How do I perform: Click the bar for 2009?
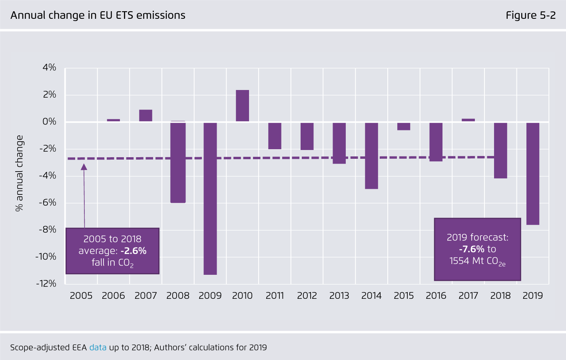pos(210,198)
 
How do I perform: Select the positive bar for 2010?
pos(242,106)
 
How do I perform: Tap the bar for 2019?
pos(532,174)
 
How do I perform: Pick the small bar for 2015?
pos(404,126)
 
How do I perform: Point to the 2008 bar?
pos(178,162)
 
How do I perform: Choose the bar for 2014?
pos(371,156)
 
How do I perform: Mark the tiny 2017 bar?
pos(468,120)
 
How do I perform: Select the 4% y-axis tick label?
pos(49,67)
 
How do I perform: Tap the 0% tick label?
pos(49,122)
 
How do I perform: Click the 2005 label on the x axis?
pos(81,296)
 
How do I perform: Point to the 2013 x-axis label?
pos(339,296)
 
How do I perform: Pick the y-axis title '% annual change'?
pos(19,173)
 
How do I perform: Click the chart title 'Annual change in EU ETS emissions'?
pos(98,15)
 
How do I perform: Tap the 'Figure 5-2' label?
pos(530,15)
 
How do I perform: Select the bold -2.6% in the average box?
pos(134,251)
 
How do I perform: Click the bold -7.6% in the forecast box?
pos(472,249)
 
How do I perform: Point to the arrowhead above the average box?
pos(84,167)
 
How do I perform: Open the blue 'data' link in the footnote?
pos(98,347)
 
